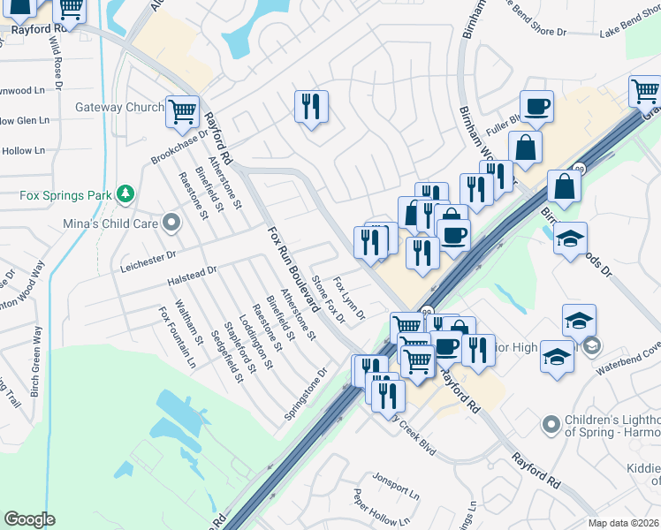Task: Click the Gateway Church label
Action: tap(120, 108)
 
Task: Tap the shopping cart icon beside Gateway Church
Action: tap(182, 111)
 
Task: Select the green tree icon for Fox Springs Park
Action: tap(125, 193)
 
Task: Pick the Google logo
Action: tap(29, 519)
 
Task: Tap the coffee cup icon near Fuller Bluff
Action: tap(536, 107)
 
